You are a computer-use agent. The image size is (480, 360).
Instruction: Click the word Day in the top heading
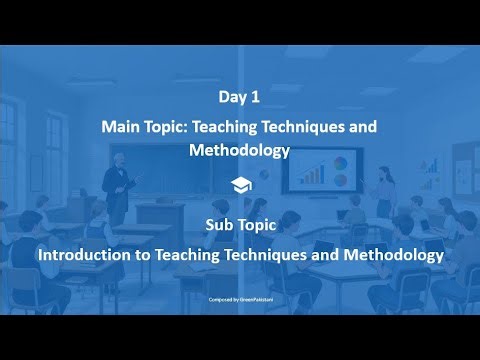tap(231, 97)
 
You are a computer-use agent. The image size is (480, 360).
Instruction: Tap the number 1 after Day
tap(255, 97)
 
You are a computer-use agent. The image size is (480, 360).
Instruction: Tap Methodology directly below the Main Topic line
tap(239, 150)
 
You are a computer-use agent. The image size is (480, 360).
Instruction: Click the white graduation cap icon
tap(239, 184)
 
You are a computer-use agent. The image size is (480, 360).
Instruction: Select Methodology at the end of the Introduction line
tap(393, 255)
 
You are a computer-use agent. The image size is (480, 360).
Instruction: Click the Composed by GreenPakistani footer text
tap(239, 298)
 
